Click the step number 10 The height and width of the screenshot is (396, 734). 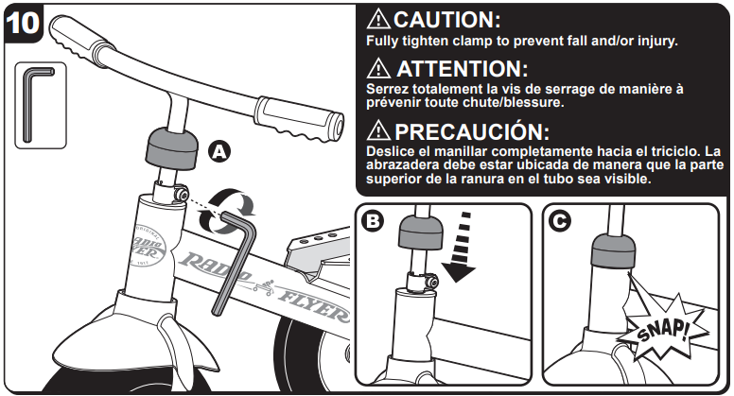(x=23, y=23)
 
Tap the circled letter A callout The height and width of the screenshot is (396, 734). (x=219, y=151)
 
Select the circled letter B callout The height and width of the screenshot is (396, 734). (x=373, y=220)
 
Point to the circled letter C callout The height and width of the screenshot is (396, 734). (x=560, y=220)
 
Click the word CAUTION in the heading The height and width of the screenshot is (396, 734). (x=447, y=20)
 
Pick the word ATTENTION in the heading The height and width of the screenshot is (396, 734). (x=463, y=69)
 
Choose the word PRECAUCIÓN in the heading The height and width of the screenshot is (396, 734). (x=472, y=132)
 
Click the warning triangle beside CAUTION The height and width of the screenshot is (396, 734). (x=378, y=19)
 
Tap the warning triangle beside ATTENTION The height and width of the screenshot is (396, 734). (x=378, y=68)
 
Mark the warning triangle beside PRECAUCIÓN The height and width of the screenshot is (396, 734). (x=378, y=130)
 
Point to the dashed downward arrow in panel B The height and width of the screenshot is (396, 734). (x=460, y=247)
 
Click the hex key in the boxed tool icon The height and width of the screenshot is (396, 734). (x=36, y=104)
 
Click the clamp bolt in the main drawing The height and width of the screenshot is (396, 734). (x=181, y=193)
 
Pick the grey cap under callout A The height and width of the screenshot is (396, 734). (x=171, y=148)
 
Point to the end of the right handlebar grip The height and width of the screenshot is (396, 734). (x=338, y=126)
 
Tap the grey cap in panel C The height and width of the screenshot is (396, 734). (x=614, y=250)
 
